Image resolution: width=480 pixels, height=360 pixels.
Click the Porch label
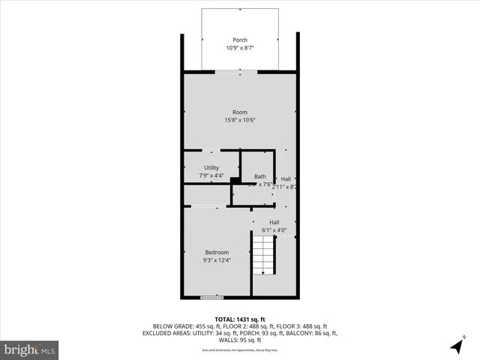pos(240,40)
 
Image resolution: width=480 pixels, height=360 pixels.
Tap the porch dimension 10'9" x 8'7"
pos(240,48)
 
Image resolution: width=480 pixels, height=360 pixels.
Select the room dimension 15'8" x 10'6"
pos(240,120)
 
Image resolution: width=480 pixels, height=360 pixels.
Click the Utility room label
pos(211,169)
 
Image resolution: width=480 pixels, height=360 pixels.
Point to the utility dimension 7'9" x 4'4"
pos(211,176)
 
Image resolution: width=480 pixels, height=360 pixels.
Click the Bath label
pos(259,176)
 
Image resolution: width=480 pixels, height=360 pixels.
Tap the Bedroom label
pos(217,253)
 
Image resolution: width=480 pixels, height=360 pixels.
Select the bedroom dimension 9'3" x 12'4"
pos(217,260)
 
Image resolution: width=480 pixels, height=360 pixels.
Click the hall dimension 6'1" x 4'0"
pos(274,230)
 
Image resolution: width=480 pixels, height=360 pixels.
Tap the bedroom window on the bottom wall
pos(212,298)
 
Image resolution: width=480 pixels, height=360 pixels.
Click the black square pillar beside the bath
pos(235,180)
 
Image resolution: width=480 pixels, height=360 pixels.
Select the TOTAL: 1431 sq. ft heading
pos(240,319)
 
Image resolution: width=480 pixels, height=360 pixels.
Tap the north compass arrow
pos(456,346)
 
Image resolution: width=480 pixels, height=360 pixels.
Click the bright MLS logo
pos(29,349)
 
